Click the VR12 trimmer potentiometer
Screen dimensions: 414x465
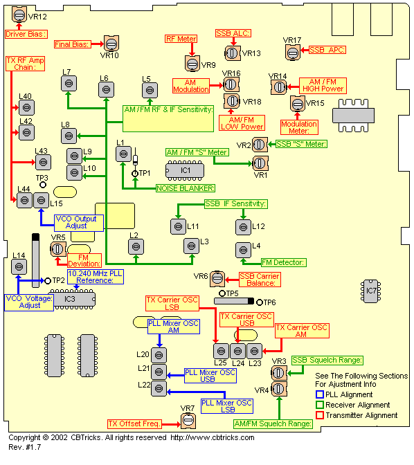19,15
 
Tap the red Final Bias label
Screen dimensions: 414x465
72,44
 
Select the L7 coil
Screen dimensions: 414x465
69,83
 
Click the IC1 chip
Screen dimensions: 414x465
185,170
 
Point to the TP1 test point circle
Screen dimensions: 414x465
135,174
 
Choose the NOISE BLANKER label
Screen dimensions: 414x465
186,188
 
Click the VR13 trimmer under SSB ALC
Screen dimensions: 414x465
232,53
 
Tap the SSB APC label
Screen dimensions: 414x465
327,50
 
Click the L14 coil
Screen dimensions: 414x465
19,266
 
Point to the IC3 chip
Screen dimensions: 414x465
72,299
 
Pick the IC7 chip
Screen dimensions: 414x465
370,291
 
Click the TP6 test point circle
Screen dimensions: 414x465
260,302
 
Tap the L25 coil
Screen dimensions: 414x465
221,351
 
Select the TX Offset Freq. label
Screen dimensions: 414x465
134,423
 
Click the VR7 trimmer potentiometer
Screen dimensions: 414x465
188,421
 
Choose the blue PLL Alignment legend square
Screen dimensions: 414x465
320,394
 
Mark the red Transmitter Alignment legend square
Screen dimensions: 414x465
320,415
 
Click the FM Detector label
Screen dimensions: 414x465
284,262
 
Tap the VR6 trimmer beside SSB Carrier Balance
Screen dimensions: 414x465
217,279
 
